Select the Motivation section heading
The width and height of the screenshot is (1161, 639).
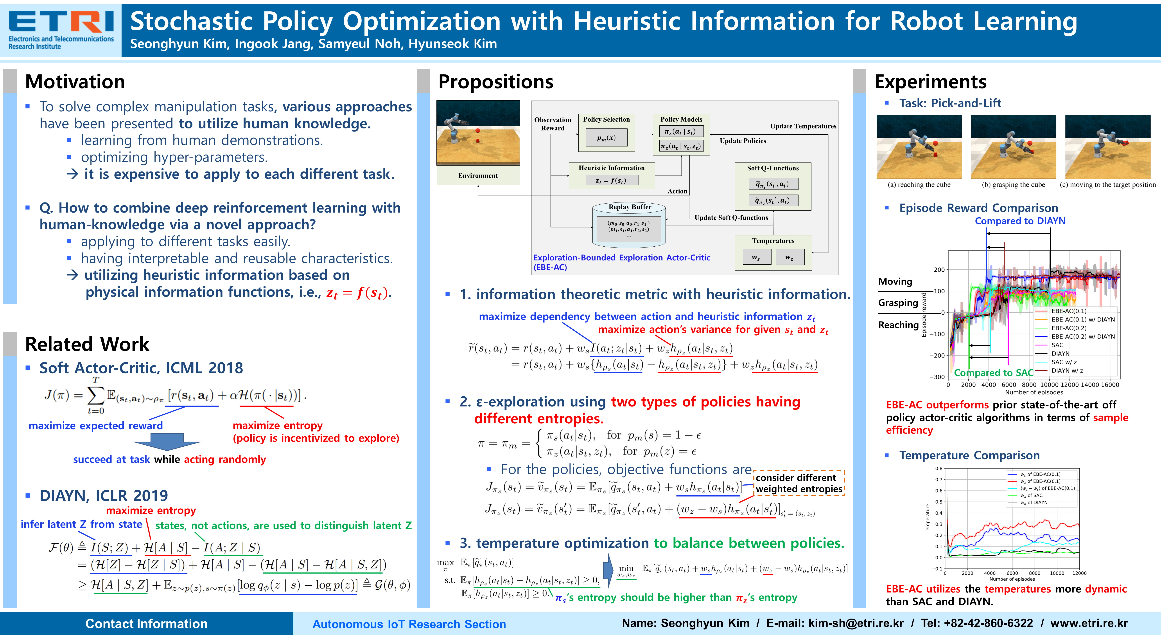pos(75,82)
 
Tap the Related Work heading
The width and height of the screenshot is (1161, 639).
pos(87,344)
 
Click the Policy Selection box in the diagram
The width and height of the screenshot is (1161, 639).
pos(607,133)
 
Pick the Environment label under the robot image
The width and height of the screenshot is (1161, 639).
pos(478,175)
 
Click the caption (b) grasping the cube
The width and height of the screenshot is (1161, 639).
pos(1013,184)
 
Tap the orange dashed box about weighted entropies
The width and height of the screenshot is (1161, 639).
pos(799,483)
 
